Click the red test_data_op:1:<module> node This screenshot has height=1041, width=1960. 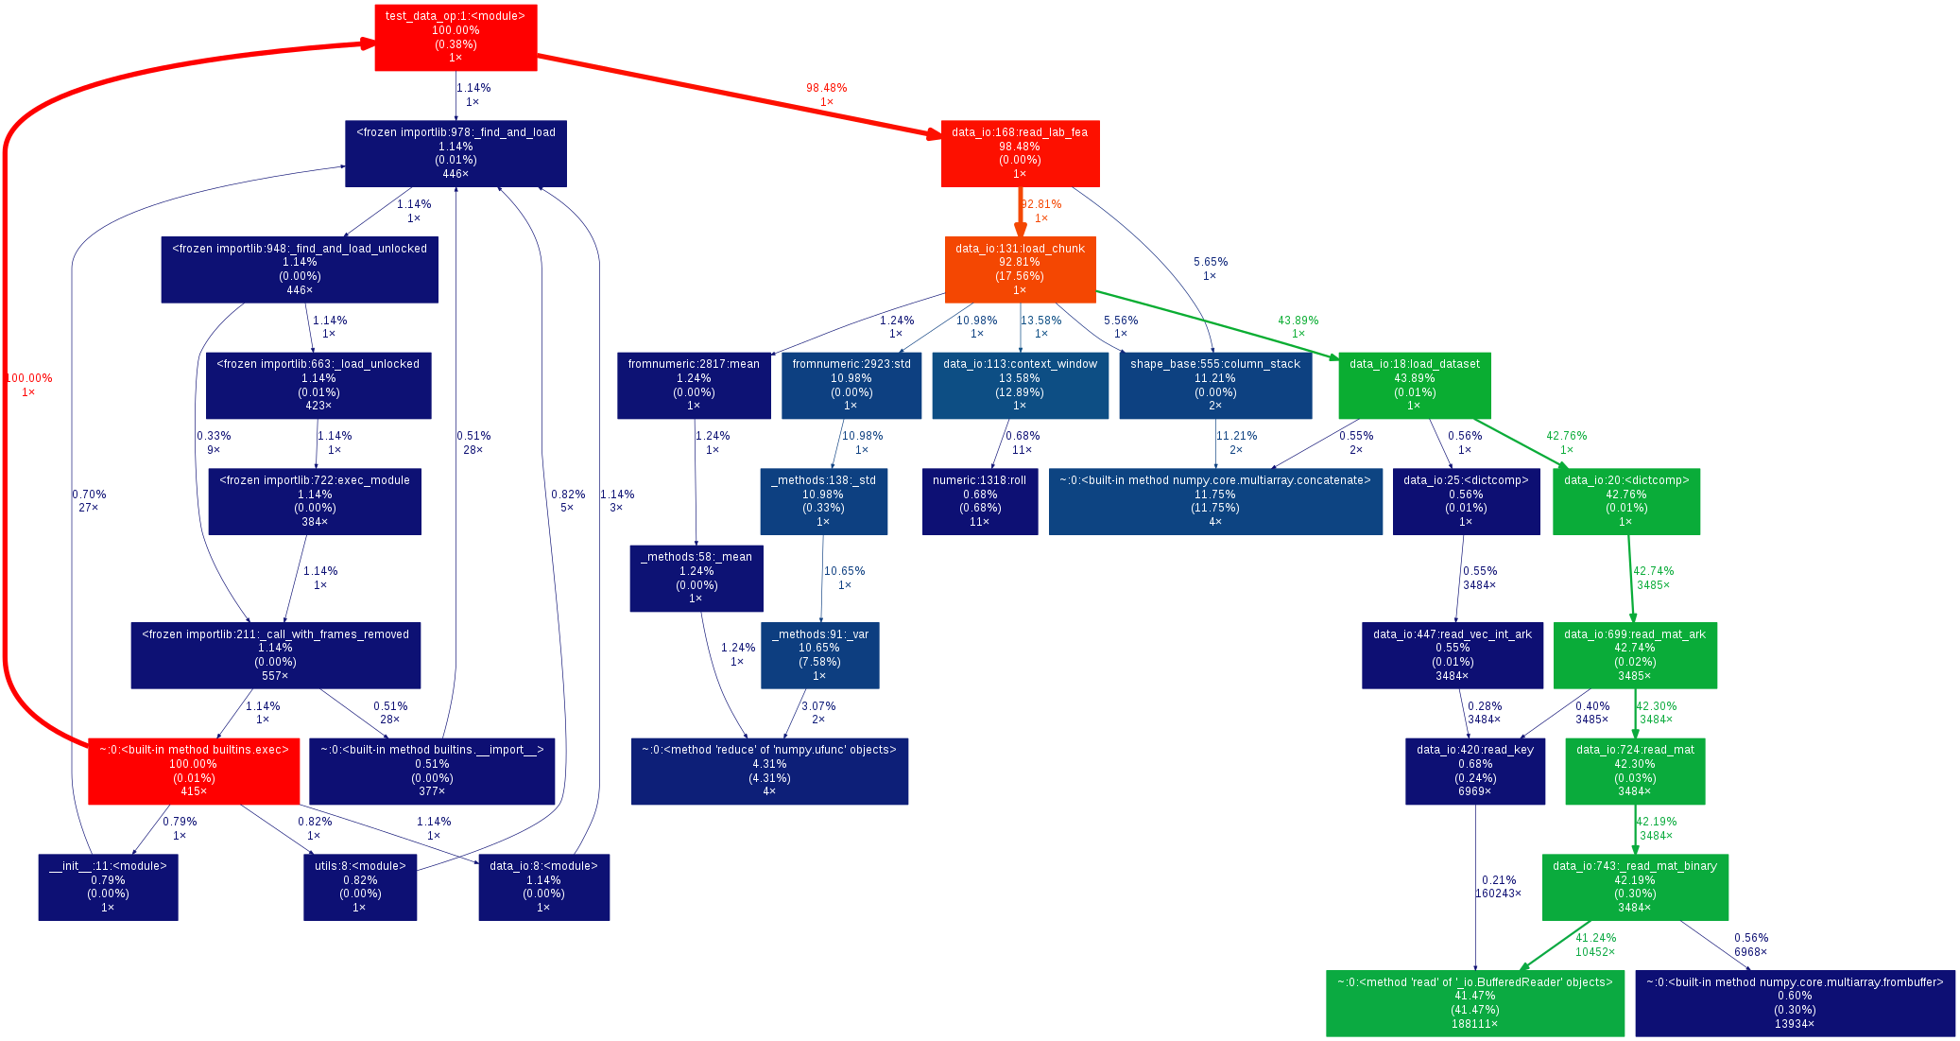(456, 38)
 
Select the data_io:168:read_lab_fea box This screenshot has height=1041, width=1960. (1020, 153)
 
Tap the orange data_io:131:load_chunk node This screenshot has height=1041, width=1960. (1020, 269)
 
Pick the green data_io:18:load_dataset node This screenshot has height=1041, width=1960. (1414, 385)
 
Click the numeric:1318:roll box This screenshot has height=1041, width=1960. (979, 501)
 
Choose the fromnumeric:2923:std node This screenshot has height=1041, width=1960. (851, 385)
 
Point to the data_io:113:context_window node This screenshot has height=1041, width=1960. (1020, 385)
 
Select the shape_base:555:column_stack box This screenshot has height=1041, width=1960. (1214, 385)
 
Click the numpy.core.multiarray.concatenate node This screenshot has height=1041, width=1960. (1214, 501)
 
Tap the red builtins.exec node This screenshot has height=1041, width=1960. (194, 771)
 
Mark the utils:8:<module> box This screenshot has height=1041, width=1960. (360, 887)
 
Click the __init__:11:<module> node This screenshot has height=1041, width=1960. (108, 887)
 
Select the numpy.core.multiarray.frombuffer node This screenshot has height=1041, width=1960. (1794, 1003)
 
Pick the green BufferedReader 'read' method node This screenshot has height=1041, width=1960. (1474, 1003)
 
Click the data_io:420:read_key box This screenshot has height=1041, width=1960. (1474, 771)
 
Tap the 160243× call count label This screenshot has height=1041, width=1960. (1498, 894)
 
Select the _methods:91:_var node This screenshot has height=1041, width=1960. (819, 655)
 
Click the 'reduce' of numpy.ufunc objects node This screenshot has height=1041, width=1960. (769, 771)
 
